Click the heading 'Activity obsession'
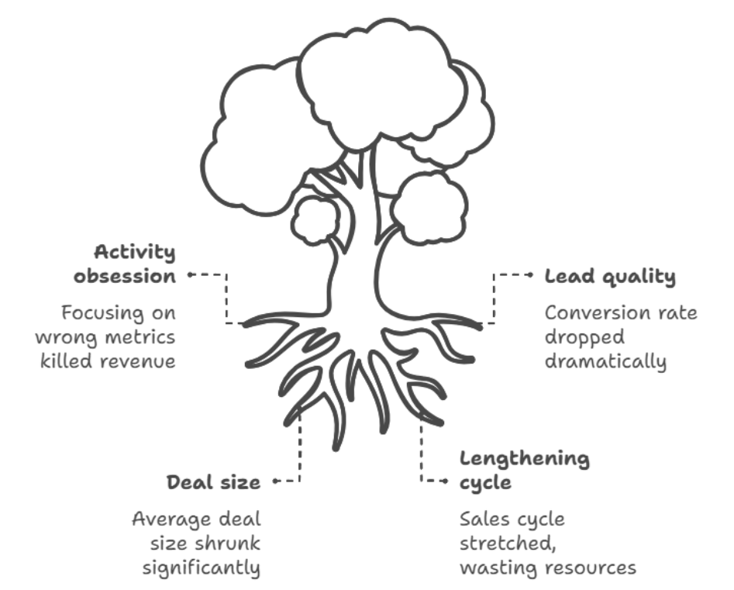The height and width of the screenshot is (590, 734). tap(135, 264)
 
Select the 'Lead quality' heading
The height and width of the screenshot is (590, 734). tap(610, 277)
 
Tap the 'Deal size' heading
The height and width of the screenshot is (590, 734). tap(214, 482)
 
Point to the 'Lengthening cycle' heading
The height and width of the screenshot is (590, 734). tap(525, 470)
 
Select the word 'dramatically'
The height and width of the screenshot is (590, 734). tap(605, 361)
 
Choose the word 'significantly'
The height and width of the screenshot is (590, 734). tap(201, 568)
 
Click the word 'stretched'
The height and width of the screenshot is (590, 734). tap(498, 543)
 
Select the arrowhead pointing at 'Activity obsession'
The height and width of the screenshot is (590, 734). tap(189, 274)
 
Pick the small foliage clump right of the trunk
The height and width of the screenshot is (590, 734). tap(429, 205)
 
